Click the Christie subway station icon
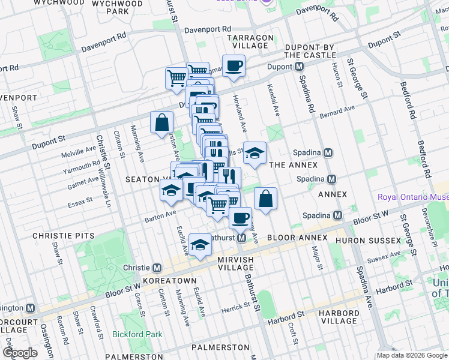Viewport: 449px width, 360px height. pos(157,268)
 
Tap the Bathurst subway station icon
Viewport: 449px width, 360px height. pos(241,238)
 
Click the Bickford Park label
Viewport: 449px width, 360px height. pos(135,334)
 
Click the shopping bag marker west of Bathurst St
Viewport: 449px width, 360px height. pos(162,124)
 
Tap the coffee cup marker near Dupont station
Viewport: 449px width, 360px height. pos(234,65)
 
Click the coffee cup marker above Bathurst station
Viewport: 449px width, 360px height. pos(240,218)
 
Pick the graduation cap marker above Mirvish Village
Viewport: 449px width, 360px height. pos(200,245)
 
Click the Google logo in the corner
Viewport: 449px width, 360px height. pos(20,353)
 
